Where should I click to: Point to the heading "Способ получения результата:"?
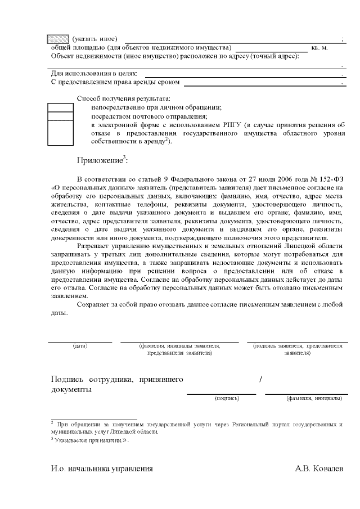(123, 98)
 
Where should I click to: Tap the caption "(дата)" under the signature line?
(80, 345)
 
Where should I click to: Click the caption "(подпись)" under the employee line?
(227, 398)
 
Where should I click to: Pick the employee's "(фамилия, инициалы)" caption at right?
(313, 398)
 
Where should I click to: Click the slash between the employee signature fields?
(261, 380)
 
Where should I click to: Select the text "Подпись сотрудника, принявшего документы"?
(116, 385)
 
